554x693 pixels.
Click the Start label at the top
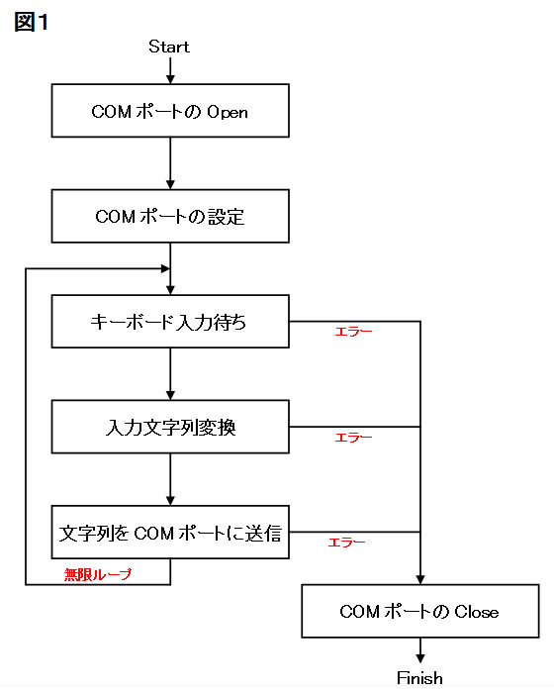coord(169,47)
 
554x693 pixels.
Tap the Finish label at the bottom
coord(419,677)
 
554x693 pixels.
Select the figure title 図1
coord(31,22)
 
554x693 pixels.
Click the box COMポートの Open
coord(170,111)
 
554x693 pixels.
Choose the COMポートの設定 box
coord(170,216)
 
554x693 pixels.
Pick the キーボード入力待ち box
coord(170,322)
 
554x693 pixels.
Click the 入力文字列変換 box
coord(170,427)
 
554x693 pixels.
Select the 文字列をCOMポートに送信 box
coord(170,533)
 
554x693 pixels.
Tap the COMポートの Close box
coord(420,611)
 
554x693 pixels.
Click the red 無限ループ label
coord(98,574)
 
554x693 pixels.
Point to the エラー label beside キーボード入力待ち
coord(353,332)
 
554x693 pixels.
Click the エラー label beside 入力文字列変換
coord(353,438)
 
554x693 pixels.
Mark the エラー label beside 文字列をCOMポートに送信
coord(346,543)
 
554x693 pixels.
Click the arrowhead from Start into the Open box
coord(170,79)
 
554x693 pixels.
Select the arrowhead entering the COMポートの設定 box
coord(170,185)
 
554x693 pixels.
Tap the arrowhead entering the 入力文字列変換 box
coord(170,395)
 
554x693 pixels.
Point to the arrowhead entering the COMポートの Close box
coord(420,579)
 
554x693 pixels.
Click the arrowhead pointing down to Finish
coord(420,658)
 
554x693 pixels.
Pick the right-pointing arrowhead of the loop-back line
coord(165,268)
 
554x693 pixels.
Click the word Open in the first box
coord(228,112)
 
